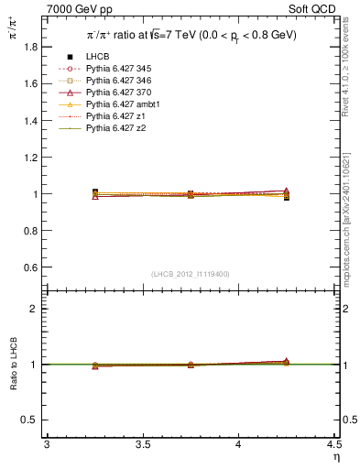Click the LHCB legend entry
click(98, 57)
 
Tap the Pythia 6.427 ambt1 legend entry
click(117, 104)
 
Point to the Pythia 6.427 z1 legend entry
click(112, 116)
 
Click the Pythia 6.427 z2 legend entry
click(112, 128)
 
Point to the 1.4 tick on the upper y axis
click(36, 120)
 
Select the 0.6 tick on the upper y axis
click(36, 267)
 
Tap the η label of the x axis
click(335, 456)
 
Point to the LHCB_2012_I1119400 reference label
click(191, 274)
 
